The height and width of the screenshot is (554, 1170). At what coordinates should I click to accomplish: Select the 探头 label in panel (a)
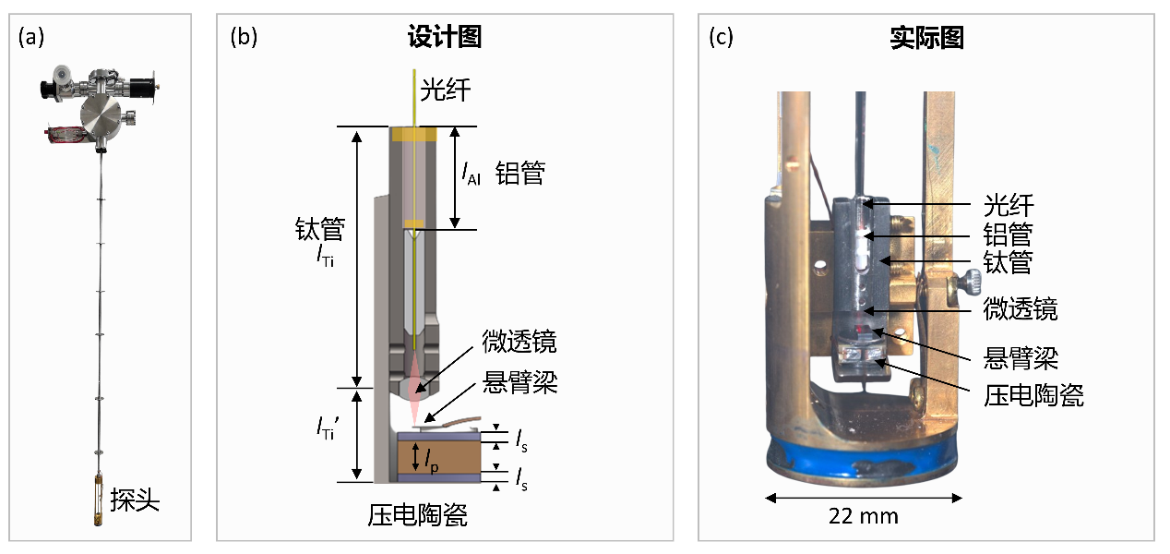coord(135,500)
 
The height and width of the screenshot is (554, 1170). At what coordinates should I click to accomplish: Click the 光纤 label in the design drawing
coord(449,90)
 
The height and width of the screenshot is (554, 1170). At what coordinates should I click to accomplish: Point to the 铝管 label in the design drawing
coord(519,173)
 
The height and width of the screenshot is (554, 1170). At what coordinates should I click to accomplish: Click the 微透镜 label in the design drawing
coord(519,343)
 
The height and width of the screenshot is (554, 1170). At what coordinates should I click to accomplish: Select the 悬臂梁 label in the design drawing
coord(519,383)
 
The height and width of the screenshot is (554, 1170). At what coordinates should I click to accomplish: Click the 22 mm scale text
coord(864,515)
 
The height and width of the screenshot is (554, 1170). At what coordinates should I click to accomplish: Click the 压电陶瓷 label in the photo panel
coord(1033,395)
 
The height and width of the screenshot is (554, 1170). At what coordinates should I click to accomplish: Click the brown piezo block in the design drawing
coord(457,457)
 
